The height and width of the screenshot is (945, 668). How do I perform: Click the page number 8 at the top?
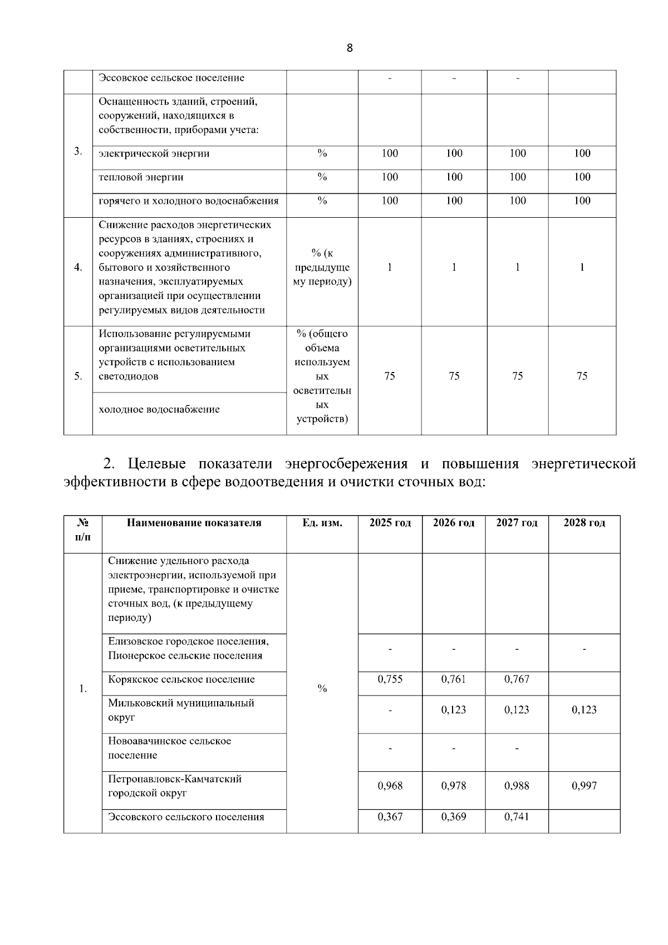click(x=349, y=48)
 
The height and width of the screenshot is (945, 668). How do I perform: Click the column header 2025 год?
click(x=390, y=523)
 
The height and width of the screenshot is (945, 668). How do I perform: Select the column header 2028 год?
click(x=584, y=523)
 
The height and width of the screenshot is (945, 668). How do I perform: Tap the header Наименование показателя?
click(x=194, y=523)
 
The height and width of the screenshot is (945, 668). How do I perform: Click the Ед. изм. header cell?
click(x=322, y=523)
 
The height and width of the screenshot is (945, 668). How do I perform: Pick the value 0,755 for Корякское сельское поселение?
click(x=390, y=679)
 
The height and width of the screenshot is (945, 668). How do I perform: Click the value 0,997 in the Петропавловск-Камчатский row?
click(x=584, y=786)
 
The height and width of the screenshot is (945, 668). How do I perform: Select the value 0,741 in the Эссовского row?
click(x=517, y=817)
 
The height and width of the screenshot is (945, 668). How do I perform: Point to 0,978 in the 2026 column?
click(x=453, y=786)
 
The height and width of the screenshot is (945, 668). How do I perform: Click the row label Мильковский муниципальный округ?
click(x=181, y=710)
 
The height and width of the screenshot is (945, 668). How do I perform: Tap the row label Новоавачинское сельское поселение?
click(x=169, y=748)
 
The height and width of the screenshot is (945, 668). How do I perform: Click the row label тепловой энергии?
click(x=141, y=177)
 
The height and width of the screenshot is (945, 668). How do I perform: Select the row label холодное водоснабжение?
click(x=159, y=409)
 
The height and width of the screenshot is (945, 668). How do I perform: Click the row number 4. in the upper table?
click(x=78, y=268)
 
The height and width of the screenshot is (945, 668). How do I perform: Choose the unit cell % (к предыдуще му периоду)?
click(x=322, y=267)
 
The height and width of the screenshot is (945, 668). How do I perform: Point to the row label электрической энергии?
click(x=154, y=154)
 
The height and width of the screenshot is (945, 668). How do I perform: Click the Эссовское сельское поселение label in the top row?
click(x=171, y=78)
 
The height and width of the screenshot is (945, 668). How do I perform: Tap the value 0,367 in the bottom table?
click(x=390, y=817)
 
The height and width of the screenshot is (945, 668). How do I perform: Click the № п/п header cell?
click(x=82, y=530)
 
